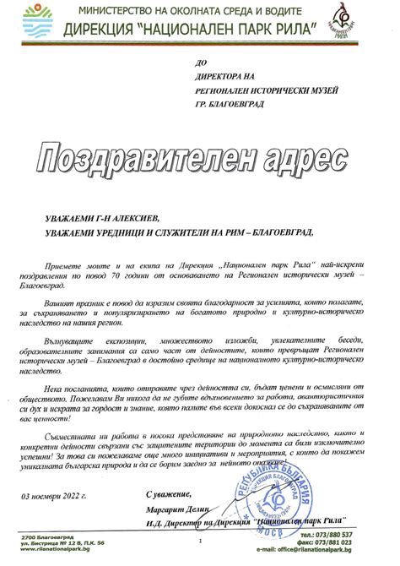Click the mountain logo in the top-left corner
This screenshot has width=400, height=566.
tap(35, 17)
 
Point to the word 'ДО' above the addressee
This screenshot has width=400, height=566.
tap(199, 63)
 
